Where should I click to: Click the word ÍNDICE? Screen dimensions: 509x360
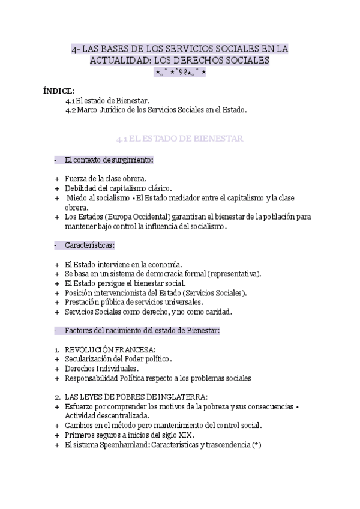click(x=59, y=91)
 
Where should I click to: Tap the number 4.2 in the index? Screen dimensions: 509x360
click(x=71, y=110)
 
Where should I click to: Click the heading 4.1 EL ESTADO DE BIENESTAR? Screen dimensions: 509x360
click(x=179, y=139)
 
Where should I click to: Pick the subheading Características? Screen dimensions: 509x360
click(x=90, y=245)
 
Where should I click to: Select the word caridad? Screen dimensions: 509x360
click(x=217, y=312)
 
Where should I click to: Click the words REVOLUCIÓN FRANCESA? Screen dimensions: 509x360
click(x=110, y=349)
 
